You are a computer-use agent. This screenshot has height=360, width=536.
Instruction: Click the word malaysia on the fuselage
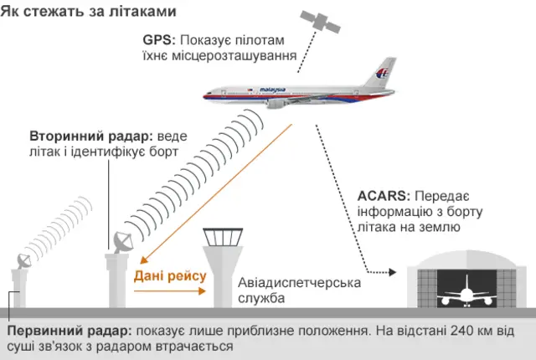click(273, 90)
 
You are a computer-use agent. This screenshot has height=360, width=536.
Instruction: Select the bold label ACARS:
click(383, 196)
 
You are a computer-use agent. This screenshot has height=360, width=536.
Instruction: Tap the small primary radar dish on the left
click(22, 262)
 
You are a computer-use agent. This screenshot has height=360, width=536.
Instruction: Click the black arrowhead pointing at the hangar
click(391, 272)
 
